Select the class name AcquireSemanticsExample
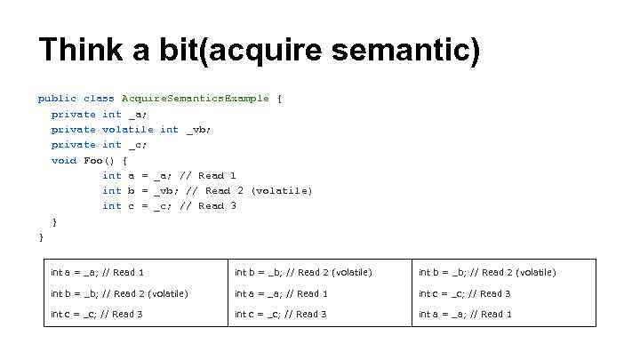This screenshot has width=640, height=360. [x=195, y=99]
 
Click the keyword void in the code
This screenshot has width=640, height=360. [x=64, y=160]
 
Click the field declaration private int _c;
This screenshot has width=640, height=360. [x=99, y=144]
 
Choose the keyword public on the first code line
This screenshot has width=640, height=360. [x=57, y=99]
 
